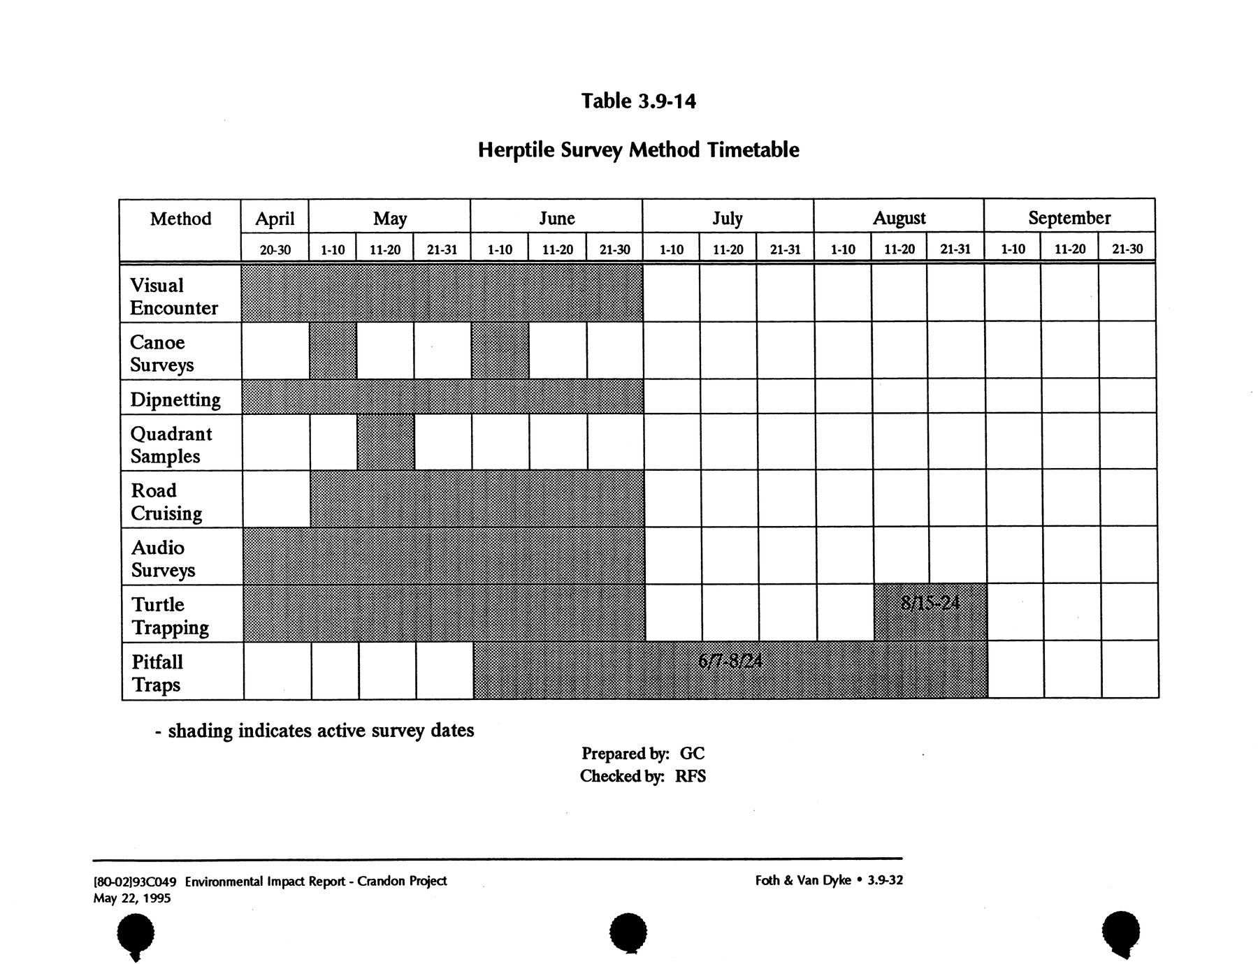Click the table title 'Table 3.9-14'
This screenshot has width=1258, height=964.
click(638, 101)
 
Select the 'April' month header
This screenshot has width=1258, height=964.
click(275, 219)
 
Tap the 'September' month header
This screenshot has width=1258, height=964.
click(1069, 218)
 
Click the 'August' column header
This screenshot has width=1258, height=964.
click(899, 218)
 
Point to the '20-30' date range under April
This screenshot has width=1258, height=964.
click(275, 249)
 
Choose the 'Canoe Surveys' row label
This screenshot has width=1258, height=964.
click(161, 353)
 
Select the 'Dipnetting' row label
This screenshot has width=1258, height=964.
click(175, 400)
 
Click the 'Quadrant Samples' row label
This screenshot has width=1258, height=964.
click(171, 445)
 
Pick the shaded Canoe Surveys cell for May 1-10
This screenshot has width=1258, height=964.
click(333, 351)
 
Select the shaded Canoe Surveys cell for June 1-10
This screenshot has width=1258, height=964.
click(500, 351)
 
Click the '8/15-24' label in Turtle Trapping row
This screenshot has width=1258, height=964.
click(930, 602)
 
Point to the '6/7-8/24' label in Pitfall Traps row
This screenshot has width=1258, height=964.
click(730, 660)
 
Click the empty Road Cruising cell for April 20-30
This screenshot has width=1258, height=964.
click(277, 499)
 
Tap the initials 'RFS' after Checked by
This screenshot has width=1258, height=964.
click(691, 776)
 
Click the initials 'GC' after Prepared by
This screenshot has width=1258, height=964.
click(692, 754)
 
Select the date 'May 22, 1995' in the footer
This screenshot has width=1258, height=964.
click(132, 898)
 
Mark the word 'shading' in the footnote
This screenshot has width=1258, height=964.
click(200, 731)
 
